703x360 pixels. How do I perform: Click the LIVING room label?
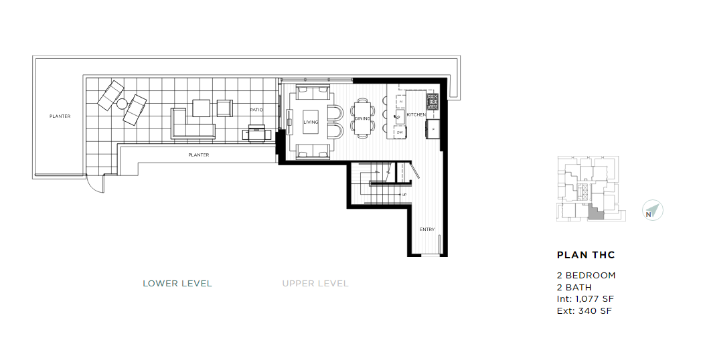[x=311, y=122]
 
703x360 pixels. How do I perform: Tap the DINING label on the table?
[x=362, y=118]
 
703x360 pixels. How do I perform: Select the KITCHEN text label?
[x=416, y=115]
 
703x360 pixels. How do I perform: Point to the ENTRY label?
[x=427, y=230]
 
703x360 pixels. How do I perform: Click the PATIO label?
[x=256, y=110]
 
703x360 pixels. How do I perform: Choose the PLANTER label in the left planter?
[x=60, y=116]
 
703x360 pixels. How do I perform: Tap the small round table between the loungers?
[x=122, y=104]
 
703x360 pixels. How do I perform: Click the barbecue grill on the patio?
[x=258, y=132]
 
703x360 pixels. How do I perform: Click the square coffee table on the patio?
[x=202, y=108]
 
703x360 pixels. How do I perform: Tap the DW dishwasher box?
[x=399, y=132]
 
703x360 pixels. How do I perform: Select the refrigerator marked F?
[x=433, y=128]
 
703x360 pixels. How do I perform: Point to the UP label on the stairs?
[x=404, y=195]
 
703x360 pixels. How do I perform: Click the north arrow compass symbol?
[x=651, y=211]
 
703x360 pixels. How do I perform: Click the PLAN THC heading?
[x=586, y=255]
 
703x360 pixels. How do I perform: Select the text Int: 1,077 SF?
[x=584, y=299]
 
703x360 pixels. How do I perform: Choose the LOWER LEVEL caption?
[x=177, y=284]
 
